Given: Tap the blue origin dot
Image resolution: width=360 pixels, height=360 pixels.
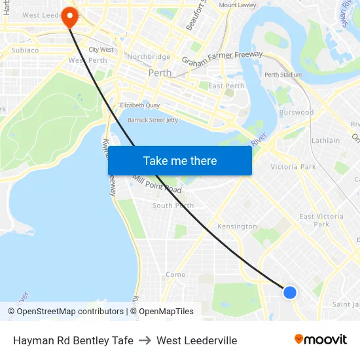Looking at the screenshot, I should (290, 292).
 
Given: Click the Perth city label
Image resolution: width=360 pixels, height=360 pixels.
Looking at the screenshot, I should (160, 73).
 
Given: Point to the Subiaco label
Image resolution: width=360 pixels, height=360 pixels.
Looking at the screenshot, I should (25, 50).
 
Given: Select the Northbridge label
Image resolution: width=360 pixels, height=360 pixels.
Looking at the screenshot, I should (149, 57).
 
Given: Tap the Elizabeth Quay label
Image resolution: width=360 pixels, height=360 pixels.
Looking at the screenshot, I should (139, 105).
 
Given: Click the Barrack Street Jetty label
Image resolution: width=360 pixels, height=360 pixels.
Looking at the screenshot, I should (153, 120).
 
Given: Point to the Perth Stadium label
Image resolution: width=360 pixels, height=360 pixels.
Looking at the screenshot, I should (283, 75).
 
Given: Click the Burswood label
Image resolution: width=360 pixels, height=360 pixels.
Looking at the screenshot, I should (296, 113).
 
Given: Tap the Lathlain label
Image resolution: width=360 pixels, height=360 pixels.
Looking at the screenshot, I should (325, 140).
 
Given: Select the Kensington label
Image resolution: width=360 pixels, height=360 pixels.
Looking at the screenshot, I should (237, 226).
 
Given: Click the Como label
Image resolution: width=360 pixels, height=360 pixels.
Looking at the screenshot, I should (175, 275).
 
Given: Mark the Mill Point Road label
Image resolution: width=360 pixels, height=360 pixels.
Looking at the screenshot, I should (157, 184).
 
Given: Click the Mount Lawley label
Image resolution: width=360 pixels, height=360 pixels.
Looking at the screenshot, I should (238, 5).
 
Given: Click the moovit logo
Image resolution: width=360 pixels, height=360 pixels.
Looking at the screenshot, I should (321, 339).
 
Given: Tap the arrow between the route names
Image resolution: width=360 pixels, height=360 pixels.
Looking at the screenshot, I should (145, 340).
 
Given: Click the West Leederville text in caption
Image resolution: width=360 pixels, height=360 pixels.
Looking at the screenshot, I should (196, 340).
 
